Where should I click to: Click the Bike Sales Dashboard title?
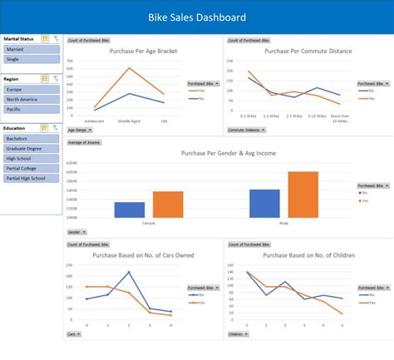[196, 17]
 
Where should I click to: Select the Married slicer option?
[32, 49]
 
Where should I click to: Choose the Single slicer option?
[32, 59]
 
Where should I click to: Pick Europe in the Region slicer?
[32, 89]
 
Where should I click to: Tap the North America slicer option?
[32, 99]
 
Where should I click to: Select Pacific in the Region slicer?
[32, 109]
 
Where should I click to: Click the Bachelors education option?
[32, 138]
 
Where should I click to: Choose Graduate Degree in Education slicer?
[32, 148]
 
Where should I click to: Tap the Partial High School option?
[32, 178]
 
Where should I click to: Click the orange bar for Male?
[303, 195]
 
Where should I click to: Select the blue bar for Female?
[130, 210]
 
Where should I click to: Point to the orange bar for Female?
[168, 205]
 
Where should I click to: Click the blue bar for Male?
[264, 204]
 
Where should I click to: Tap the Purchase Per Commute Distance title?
[308, 51]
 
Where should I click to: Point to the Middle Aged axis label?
[129, 121]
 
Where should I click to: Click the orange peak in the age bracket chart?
[129, 68]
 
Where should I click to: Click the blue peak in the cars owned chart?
[129, 272]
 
